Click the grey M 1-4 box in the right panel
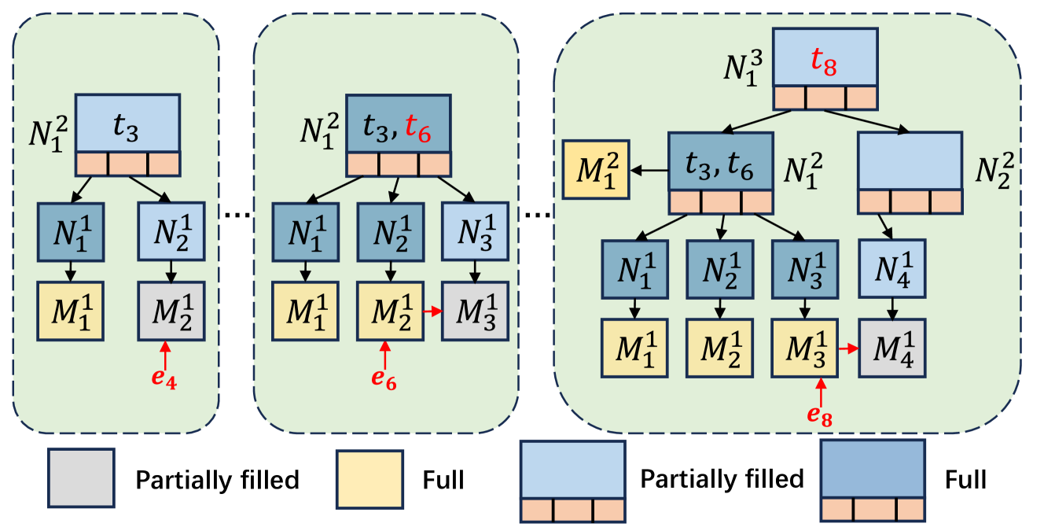pyautogui.click(x=892, y=348)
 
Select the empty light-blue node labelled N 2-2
pyautogui.click(x=910, y=161)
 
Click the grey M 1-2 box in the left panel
pyautogui.click(x=171, y=311)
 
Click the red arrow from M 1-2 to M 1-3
pyautogui.click(x=432, y=312)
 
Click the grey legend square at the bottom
pyautogui.click(x=82, y=478)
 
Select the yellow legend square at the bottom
pyautogui.click(x=369, y=478)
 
